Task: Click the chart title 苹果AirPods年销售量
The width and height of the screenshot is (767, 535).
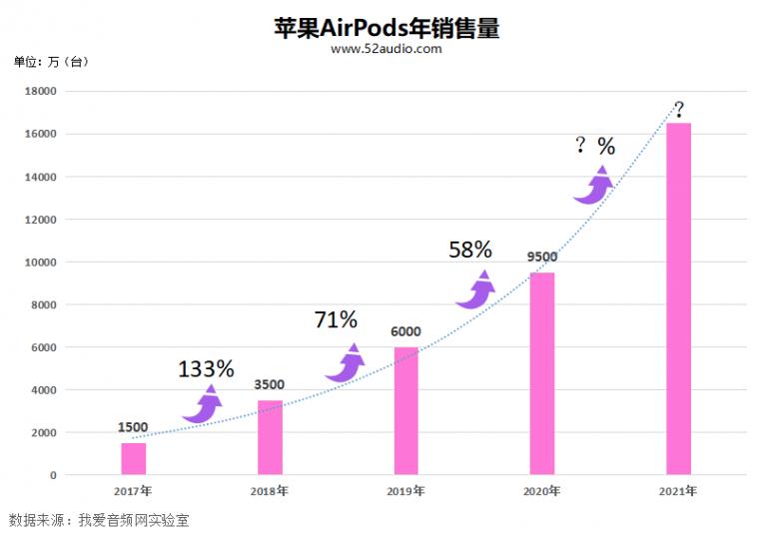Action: tap(385, 27)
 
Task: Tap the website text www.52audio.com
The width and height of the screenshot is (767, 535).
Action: tap(385, 48)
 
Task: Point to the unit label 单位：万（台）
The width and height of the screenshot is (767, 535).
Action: tap(51, 62)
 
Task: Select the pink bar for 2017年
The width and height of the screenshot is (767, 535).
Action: tap(133, 458)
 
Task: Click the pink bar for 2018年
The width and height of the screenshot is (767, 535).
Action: tap(270, 437)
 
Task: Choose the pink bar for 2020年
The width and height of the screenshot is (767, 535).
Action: tap(541, 373)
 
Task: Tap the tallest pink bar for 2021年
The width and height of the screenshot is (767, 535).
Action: tap(678, 298)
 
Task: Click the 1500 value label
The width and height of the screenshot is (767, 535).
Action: tap(133, 428)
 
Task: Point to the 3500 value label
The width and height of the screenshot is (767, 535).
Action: tap(270, 384)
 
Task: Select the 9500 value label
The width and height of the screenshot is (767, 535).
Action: tap(541, 257)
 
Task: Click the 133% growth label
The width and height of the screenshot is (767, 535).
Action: tap(206, 368)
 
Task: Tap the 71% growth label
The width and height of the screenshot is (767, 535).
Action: tap(336, 319)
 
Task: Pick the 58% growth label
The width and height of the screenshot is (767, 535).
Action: tap(470, 250)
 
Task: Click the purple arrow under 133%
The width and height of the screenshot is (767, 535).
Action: tap(203, 404)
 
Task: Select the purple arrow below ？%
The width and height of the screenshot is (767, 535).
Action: tap(593, 186)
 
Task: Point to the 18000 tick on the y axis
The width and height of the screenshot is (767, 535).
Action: tap(41, 92)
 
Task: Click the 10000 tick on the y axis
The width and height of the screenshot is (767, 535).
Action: tap(41, 263)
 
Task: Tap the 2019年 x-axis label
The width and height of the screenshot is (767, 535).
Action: tap(405, 491)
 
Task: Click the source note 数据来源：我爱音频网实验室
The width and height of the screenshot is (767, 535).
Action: tap(99, 520)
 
